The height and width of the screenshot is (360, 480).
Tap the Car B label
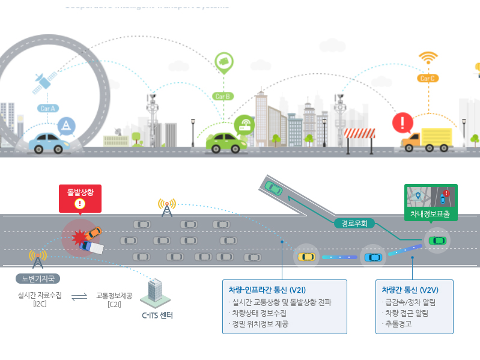[x=222, y=96]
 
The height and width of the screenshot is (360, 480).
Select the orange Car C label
[x=427, y=78]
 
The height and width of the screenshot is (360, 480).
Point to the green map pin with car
[x=223, y=62]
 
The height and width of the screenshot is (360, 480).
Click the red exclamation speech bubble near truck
[x=402, y=123]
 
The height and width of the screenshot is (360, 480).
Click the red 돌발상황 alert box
[x=80, y=195]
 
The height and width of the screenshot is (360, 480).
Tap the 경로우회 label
[x=354, y=223]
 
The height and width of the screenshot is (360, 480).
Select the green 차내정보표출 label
[x=431, y=213]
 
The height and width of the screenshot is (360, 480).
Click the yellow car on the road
[x=306, y=257]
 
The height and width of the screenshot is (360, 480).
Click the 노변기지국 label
[x=37, y=279]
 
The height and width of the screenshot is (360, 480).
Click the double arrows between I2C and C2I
[x=79, y=296]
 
